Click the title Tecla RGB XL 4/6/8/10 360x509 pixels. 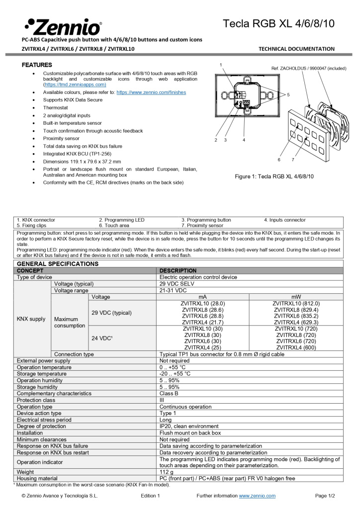coord(278,23)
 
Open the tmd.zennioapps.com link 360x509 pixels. coord(75,85)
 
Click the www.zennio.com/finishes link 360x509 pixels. coord(151,92)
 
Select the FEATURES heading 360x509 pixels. coord(37,65)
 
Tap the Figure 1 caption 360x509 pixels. coord(274,176)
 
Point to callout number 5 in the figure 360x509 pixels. coord(288,94)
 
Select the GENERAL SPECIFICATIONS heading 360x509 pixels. coord(58,263)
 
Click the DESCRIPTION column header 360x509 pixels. coord(179,270)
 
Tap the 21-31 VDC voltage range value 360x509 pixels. coord(173,290)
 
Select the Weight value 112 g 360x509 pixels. coord(167,472)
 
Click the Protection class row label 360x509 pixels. coord(36,400)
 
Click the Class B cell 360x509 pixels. coord(169,393)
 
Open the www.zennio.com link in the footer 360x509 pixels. coord(257,496)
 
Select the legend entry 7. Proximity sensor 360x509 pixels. coord(202,225)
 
